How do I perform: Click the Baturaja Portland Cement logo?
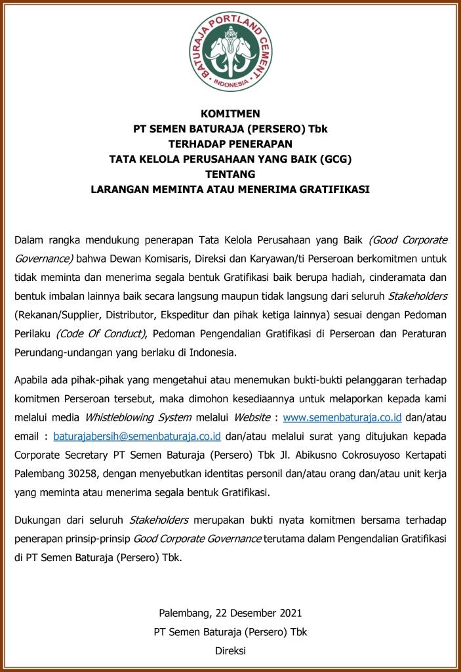tap(230, 52)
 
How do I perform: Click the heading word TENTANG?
tap(230, 175)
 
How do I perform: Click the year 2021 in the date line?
tap(289, 614)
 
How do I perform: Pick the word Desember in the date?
tap(251, 614)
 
